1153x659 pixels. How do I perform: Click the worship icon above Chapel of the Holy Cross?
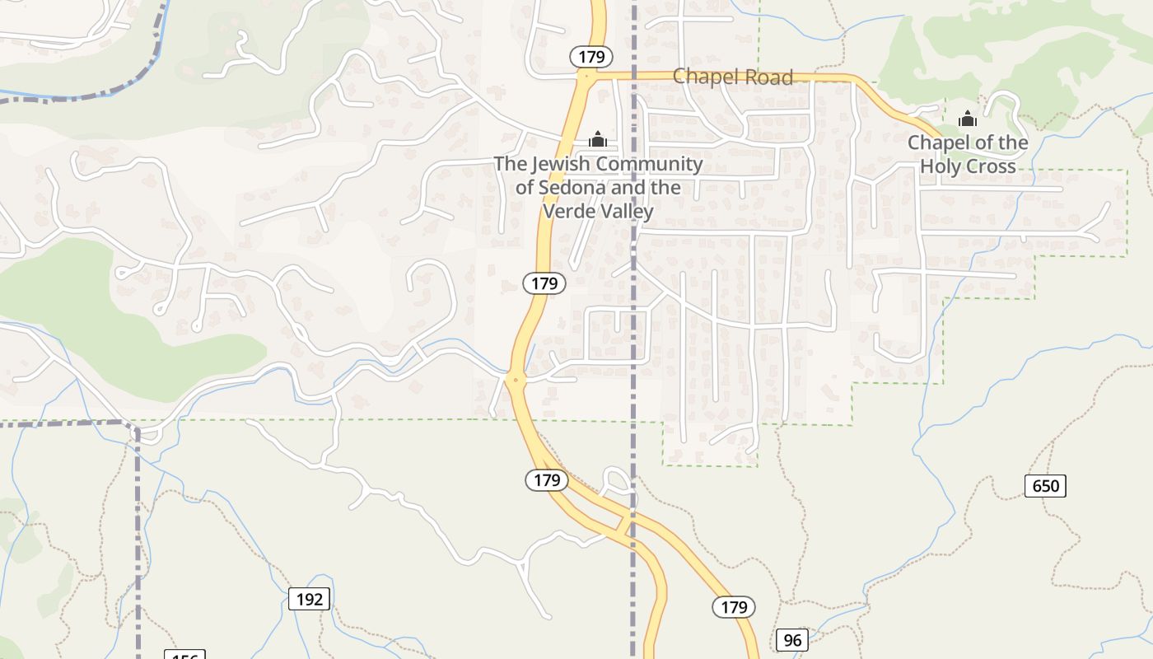pos(967,119)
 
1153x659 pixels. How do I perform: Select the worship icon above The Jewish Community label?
pos(598,139)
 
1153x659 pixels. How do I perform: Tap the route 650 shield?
pos(1045,486)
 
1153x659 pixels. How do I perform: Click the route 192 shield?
pos(309,599)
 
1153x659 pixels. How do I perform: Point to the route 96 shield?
pos(791,640)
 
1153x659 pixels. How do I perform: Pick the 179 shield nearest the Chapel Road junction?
pos(591,57)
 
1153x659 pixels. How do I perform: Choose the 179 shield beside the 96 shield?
pos(733,608)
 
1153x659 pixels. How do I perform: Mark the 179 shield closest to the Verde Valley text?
pos(544,283)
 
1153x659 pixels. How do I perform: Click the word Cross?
pos(991,166)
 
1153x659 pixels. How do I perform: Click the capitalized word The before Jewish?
pos(510,164)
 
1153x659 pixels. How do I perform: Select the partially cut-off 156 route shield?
pos(184,656)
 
